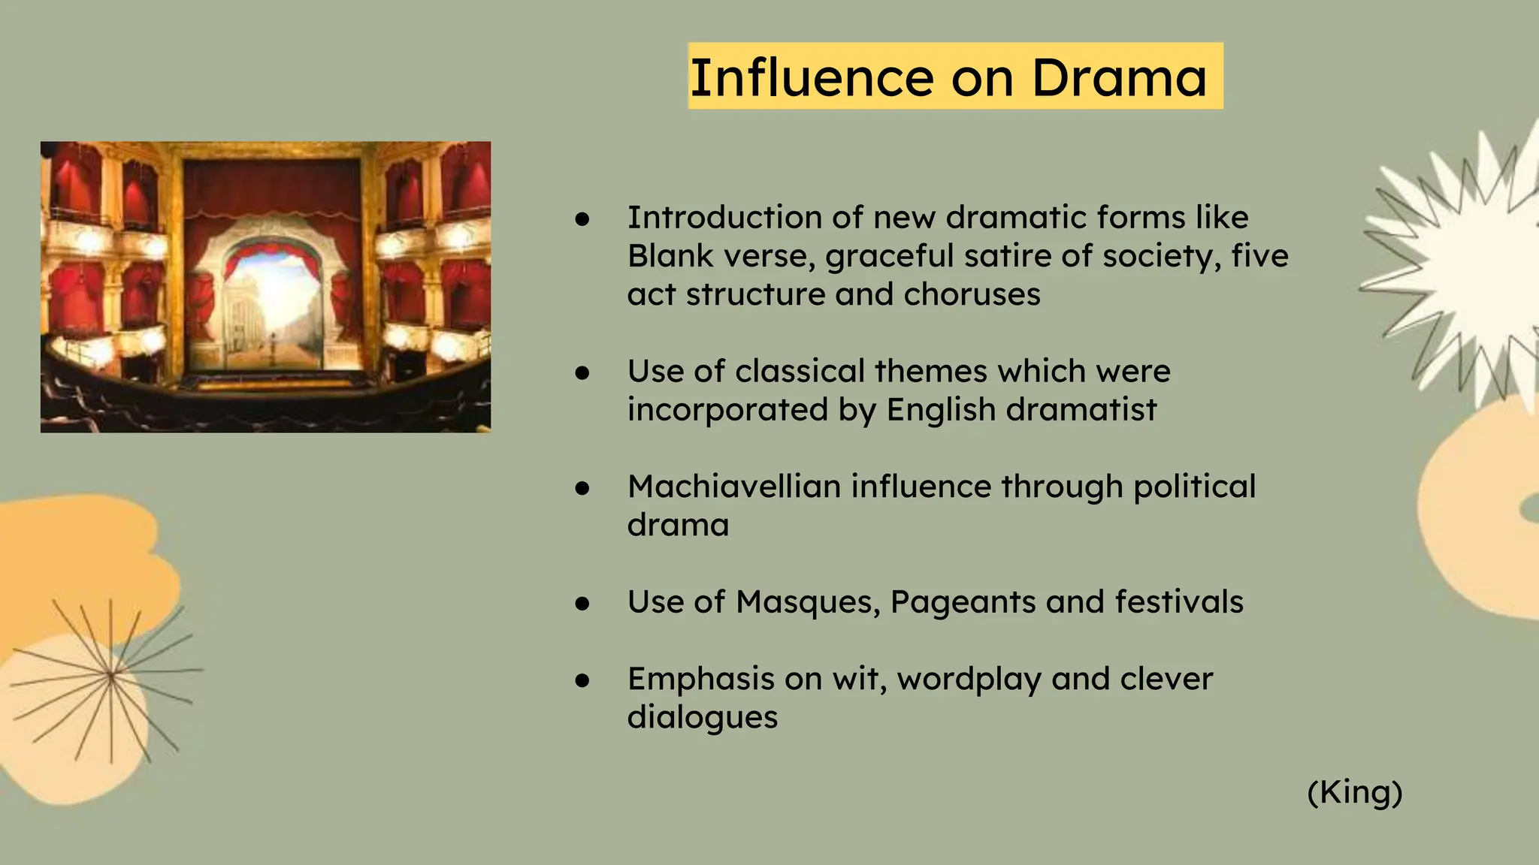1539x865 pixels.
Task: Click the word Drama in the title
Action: (1119, 77)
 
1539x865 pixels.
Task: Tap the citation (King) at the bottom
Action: (1355, 792)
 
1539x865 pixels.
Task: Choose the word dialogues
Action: (703, 717)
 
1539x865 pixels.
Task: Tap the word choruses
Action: (972, 294)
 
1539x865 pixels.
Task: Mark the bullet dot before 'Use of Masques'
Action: (582, 604)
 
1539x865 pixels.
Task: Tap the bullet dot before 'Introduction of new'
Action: (582, 219)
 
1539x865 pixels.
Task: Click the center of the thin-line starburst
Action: (111, 676)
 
